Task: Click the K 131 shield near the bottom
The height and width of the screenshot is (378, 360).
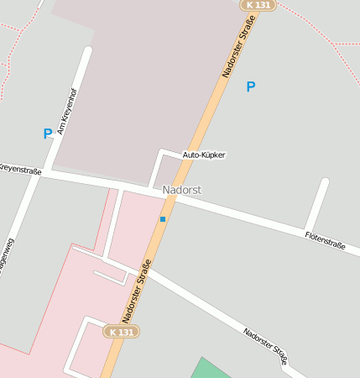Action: point(121,332)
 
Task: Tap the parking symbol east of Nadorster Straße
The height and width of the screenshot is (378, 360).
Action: point(250,87)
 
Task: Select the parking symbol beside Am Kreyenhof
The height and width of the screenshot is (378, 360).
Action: point(48,133)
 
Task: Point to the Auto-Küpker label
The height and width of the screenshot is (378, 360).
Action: point(204,155)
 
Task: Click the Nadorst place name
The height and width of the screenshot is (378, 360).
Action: point(182,191)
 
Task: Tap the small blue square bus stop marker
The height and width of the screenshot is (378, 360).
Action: point(163,219)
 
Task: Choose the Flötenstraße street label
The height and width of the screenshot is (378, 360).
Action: point(326,239)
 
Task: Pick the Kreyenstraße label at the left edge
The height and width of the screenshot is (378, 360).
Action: point(18,170)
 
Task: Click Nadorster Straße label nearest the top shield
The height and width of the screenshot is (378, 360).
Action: point(237,50)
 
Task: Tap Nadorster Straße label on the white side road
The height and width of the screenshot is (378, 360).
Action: point(265,345)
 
